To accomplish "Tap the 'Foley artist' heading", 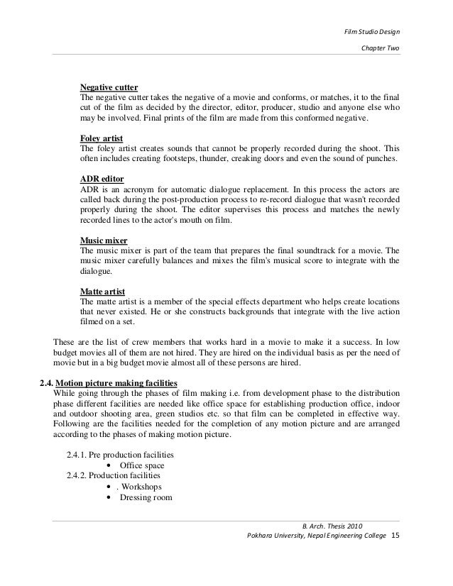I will click(102, 138).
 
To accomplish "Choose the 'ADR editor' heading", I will click(101, 179).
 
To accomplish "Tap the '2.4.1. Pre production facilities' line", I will click(120, 454).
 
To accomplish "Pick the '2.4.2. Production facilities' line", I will click(113, 475).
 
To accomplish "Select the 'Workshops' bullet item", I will click(141, 487).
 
